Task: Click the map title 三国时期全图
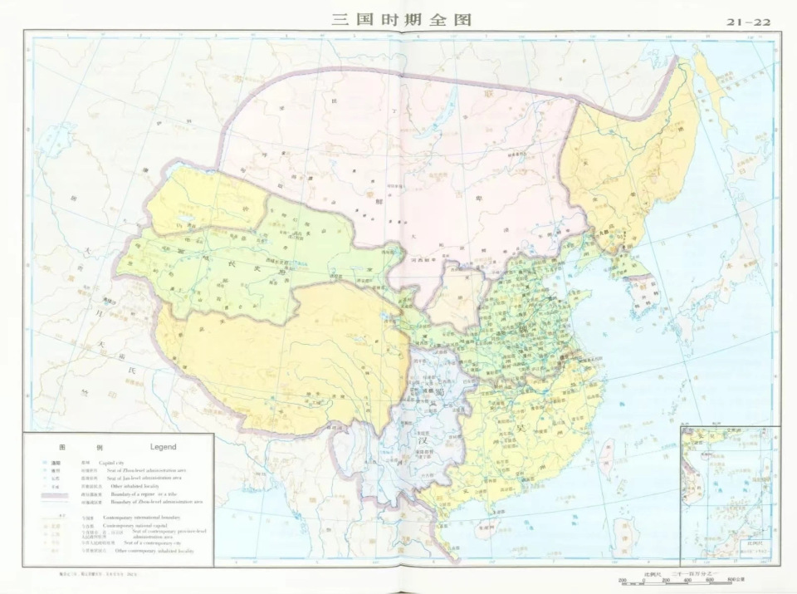(x=401, y=18)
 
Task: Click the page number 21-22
(x=749, y=22)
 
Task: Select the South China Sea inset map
(x=729, y=493)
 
